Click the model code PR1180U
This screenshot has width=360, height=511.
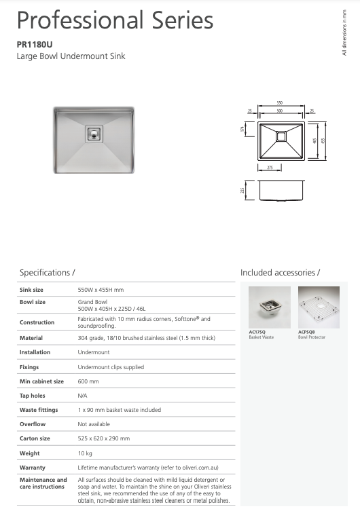click(x=34, y=44)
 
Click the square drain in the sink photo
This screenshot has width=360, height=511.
click(x=93, y=134)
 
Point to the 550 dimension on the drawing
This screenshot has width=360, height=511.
click(x=279, y=103)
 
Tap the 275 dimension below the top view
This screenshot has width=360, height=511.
click(x=270, y=167)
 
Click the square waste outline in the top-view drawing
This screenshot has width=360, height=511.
click(x=280, y=135)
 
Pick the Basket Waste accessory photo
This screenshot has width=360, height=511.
click(x=270, y=307)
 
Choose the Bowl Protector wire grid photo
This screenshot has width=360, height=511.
click(x=318, y=307)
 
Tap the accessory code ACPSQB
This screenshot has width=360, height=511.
click(x=307, y=333)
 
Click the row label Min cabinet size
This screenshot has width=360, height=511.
click(x=41, y=381)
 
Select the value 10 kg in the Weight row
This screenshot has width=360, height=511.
click(x=86, y=453)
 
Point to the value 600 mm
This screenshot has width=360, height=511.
click(x=88, y=381)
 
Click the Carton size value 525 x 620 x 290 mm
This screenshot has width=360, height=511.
click(x=104, y=438)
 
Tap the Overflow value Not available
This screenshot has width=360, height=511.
click(x=94, y=424)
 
